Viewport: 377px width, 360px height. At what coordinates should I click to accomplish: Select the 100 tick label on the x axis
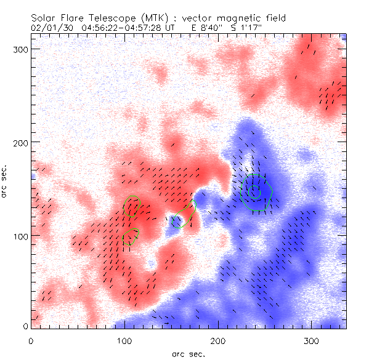coord(124,340)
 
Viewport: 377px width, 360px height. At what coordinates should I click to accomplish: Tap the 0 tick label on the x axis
coord(31,340)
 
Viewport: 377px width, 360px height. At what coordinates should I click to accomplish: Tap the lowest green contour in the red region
coord(131,237)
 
